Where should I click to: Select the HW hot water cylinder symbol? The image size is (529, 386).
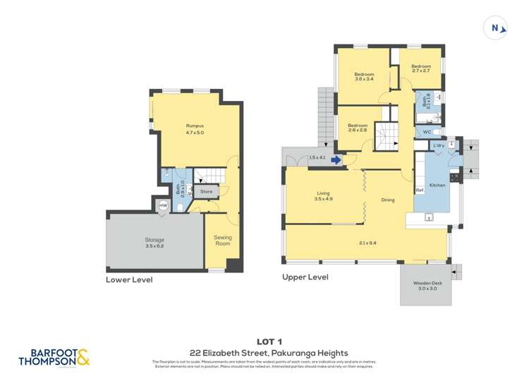coord(163,205)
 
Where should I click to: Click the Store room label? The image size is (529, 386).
coord(206,191)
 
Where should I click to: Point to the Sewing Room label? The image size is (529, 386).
coord(223,241)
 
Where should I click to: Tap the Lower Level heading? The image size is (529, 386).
coord(129,279)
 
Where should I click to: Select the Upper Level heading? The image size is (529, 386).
coord(305,277)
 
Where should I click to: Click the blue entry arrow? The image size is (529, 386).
coord(336,160)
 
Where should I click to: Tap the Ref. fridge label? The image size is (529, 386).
coord(420,191)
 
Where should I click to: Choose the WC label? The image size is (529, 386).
coord(426,132)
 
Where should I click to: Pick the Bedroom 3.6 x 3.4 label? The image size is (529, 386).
coord(364,77)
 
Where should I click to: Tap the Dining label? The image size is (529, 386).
coord(387,200)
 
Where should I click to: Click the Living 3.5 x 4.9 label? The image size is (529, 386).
coord(323,196)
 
